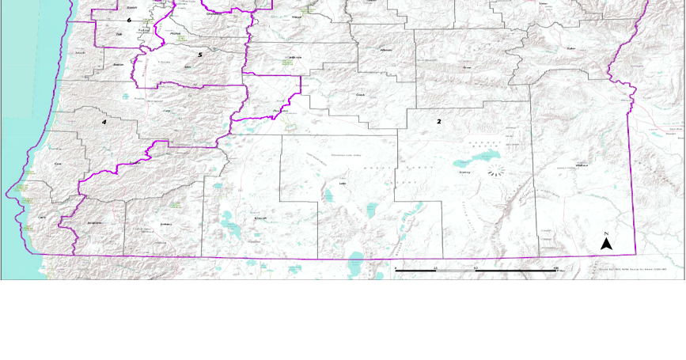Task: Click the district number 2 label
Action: point(438,121)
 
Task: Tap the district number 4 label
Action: point(104,122)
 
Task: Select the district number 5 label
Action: point(200,55)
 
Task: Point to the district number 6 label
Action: point(129,19)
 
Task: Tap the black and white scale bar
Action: point(475,270)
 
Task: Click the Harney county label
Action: point(464,171)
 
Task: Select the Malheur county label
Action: point(583,165)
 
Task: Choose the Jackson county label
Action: point(165,224)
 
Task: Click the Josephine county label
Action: point(96,223)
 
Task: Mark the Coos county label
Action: point(57,164)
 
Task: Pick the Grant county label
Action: point(467,67)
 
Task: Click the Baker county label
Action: point(570,48)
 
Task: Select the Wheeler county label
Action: point(385,50)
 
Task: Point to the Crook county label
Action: point(360,95)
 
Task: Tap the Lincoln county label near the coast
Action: point(79,53)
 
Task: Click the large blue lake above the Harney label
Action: point(473,157)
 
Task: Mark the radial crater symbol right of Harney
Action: point(496,170)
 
